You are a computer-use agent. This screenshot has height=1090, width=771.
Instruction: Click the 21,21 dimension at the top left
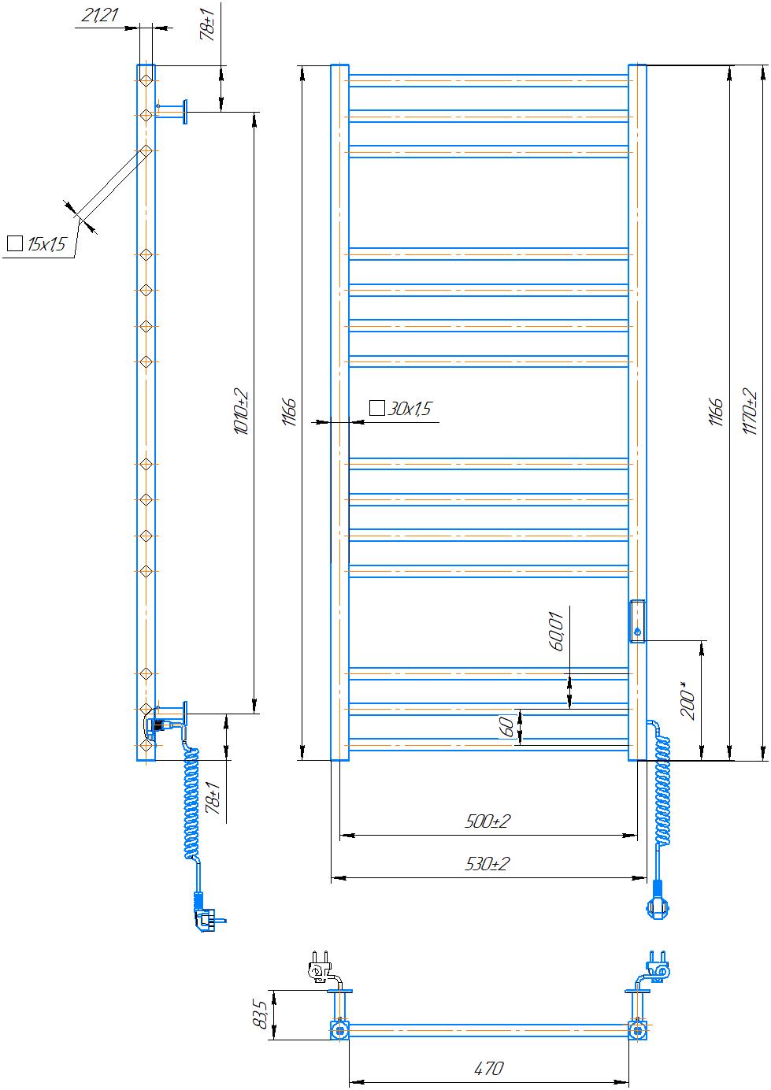(x=100, y=15)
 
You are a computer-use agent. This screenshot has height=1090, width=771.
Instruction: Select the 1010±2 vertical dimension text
(x=241, y=411)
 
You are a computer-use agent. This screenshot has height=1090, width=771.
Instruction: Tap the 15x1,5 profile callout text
(x=46, y=243)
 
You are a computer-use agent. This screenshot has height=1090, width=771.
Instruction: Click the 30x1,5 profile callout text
(x=409, y=408)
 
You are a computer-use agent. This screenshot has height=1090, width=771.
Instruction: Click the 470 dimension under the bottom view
(x=489, y=1069)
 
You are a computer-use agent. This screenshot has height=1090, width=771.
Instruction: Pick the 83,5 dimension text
(x=260, y=1014)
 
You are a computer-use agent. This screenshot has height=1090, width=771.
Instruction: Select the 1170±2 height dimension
(x=750, y=411)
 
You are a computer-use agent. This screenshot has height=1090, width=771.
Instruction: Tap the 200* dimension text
(x=688, y=700)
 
